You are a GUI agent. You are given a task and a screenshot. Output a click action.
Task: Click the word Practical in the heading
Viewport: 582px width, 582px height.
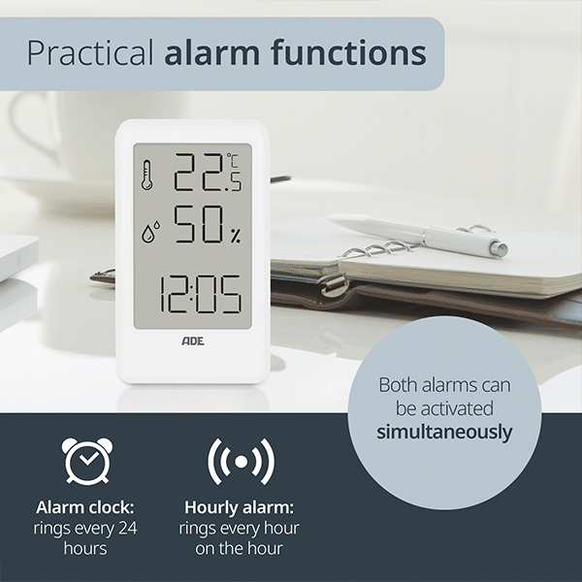[90, 52]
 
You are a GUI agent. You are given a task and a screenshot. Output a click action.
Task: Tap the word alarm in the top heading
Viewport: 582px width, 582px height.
[211, 52]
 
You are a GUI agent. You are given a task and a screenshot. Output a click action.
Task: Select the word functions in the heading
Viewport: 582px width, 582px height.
[349, 52]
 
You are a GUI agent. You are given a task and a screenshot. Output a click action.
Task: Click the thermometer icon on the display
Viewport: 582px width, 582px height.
[147, 175]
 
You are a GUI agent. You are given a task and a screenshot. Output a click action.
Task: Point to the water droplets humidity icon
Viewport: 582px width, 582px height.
[150, 232]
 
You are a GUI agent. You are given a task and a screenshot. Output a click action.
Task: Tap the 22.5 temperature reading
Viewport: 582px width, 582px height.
[208, 173]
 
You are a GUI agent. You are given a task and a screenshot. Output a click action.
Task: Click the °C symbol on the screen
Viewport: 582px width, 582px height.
[234, 160]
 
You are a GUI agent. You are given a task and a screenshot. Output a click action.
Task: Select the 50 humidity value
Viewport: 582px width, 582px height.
[199, 224]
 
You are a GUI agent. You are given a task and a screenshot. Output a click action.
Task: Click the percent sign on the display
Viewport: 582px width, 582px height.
[236, 236]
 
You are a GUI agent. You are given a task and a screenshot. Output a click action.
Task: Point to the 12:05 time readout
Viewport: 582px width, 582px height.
[201, 294]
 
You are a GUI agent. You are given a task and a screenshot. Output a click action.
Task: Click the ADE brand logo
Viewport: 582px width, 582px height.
[193, 341]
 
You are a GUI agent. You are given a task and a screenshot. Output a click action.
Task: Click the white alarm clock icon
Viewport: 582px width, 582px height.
[87, 461]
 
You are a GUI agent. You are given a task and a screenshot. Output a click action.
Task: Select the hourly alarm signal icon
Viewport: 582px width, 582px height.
[242, 462]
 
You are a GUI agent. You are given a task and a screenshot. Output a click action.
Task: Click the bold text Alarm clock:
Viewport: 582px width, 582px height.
[85, 507]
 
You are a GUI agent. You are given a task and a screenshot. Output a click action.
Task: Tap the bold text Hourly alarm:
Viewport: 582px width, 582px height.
[239, 507]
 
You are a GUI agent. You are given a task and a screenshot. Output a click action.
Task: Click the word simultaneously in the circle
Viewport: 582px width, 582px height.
[444, 433]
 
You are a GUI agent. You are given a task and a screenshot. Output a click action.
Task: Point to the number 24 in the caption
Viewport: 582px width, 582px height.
[128, 529]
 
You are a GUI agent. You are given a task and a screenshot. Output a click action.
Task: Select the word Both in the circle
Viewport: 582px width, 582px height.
[398, 385]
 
